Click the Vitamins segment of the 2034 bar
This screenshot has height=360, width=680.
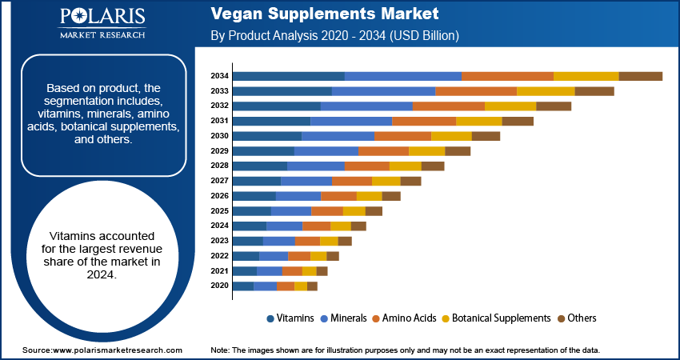coord(288,76)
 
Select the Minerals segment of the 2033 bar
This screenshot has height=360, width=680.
coord(383,91)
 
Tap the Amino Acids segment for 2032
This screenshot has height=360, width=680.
coord(448,106)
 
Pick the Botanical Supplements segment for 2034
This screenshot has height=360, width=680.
coord(586,76)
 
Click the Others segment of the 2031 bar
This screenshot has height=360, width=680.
coord(518,121)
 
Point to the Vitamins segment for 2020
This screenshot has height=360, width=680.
coord(242,286)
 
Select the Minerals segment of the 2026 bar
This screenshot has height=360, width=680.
coord(298,196)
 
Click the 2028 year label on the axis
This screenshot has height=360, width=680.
coord(220,166)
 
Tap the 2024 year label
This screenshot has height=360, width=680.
coord(220,226)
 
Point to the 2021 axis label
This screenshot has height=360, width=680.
coord(220,271)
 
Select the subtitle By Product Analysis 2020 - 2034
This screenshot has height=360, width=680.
coord(334,36)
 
